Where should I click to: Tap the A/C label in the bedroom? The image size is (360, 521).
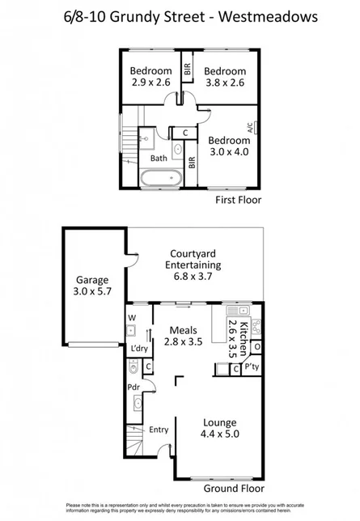tap(248, 127)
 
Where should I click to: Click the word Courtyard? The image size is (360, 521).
tap(193, 252)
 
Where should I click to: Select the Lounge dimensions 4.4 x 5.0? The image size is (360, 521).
tap(219, 433)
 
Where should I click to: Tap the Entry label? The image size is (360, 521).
tap(159, 430)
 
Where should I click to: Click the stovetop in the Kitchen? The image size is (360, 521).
tap(257, 327)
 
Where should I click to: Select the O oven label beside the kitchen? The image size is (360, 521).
tap(257, 348)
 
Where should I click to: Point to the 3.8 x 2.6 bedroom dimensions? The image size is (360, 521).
tap(224, 82)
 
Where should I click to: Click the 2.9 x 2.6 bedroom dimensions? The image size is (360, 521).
tap(151, 82)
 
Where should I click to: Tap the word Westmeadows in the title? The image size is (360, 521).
tap(267, 15)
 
